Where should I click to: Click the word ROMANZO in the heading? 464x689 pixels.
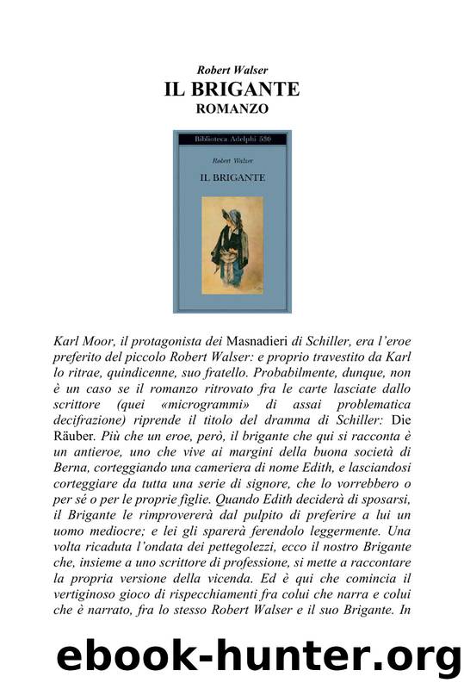[x=232, y=109]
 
